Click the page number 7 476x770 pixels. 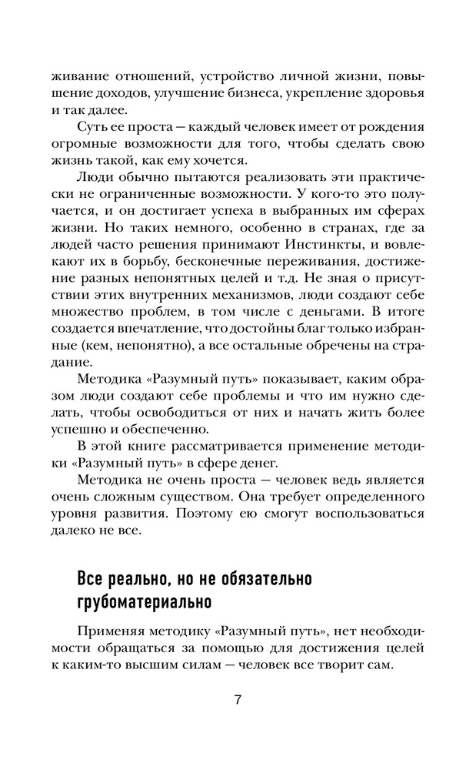(x=238, y=700)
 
